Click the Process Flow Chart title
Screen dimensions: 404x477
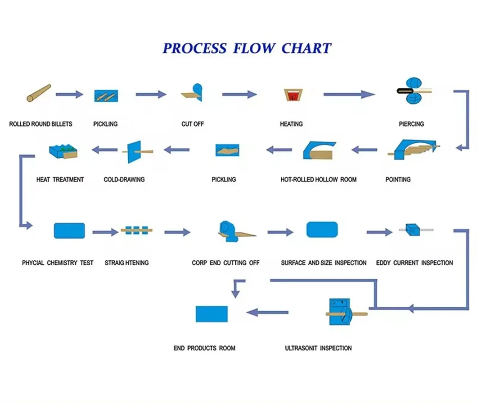click(x=247, y=48)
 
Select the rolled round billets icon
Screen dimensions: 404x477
click(x=39, y=93)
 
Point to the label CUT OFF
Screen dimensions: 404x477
click(x=193, y=124)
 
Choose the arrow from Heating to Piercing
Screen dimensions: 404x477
click(x=349, y=94)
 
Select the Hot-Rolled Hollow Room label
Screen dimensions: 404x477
click(x=318, y=179)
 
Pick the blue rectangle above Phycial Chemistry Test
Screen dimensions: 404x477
click(x=69, y=230)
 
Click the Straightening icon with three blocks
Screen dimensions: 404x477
click(x=136, y=230)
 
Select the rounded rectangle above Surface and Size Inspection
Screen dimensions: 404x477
click(x=322, y=230)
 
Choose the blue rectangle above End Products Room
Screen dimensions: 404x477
click(x=211, y=314)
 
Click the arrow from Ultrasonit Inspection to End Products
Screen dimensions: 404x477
click(x=267, y=312)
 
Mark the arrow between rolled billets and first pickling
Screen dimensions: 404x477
click(x=69, y=94)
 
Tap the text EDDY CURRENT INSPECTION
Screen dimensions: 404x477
click(x=414, y=263)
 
